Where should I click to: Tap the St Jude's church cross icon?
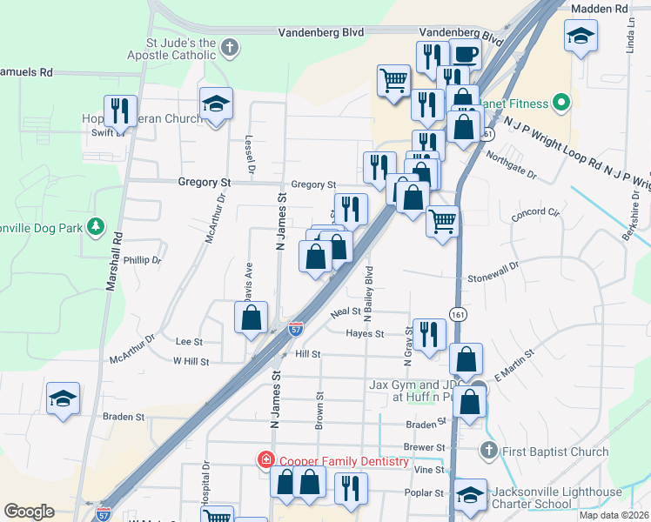(230, 47)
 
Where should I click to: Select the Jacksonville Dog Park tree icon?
(96, 228)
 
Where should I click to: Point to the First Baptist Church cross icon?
(489, 451)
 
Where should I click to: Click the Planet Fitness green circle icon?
(561, 104)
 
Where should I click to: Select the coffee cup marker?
(465, 53)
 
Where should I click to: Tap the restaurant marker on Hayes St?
(427, 332)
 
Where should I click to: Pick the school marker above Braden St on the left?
(63, 398)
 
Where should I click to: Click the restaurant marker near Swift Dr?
(120, 110)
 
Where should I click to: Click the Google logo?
(29, 511)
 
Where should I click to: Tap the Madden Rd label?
(598, 9)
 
